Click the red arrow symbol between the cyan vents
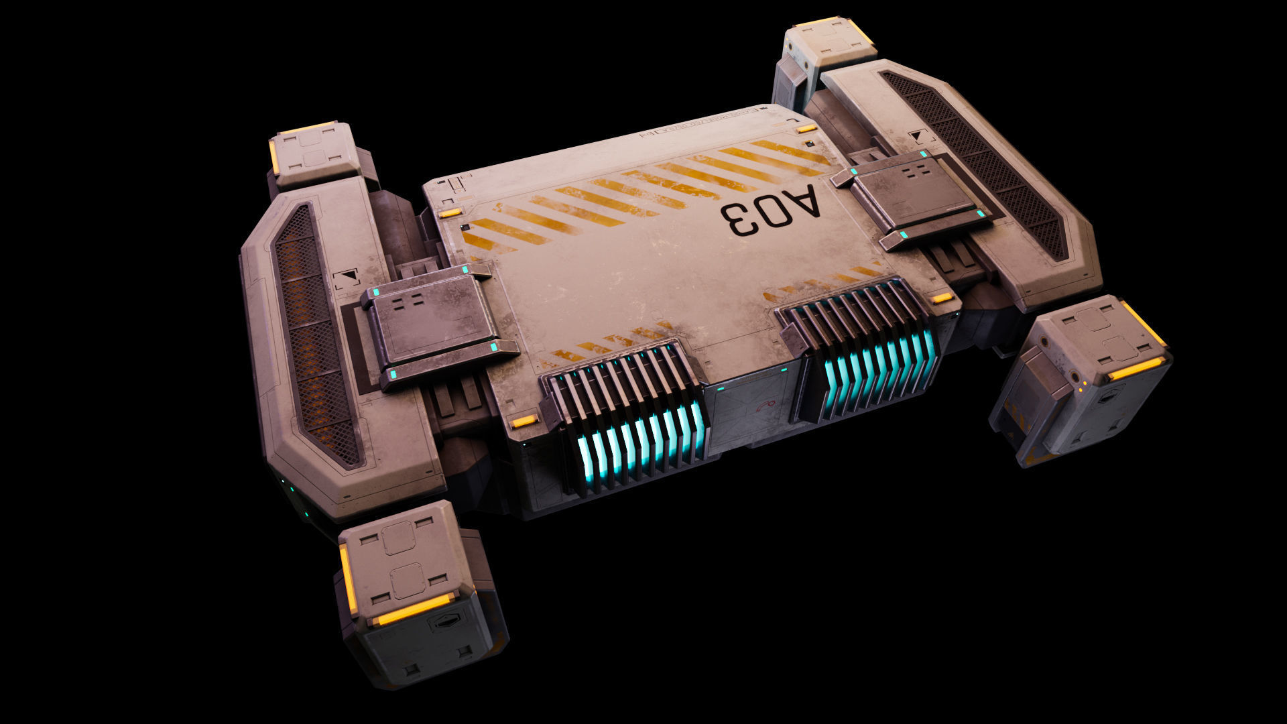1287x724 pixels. click(x=764, y=406)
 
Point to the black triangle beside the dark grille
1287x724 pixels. click(x=916, y=137)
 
